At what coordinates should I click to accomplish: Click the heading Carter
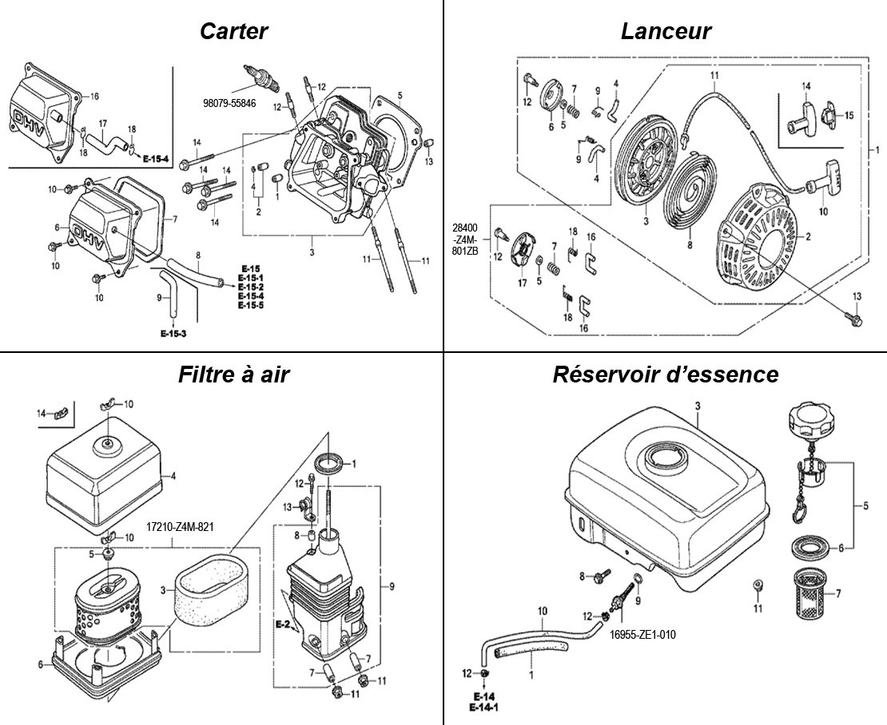tap(233, 31)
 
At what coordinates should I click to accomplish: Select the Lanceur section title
tap(666, 31)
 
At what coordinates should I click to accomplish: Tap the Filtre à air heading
tap(233, 374)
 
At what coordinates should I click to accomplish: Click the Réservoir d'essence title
tap(666, 374)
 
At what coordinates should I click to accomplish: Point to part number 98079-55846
tap(229, 104)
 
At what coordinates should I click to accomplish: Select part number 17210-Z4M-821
tap(180, 527)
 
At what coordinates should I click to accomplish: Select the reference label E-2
tap(281, 623)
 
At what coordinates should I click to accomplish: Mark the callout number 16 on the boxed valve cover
tap(94, 96)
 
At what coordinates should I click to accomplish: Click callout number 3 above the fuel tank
tap(698, 406)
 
